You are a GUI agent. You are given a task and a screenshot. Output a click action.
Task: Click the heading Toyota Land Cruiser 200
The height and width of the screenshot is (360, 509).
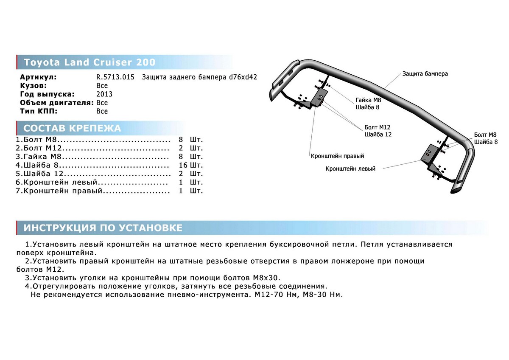coord(89,62)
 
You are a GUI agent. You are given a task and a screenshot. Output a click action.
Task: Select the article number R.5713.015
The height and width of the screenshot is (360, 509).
coord(115,77)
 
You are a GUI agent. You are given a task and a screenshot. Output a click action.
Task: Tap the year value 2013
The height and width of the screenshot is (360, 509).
coord(104,94)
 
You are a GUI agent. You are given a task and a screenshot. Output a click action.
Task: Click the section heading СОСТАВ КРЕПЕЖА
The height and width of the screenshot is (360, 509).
coord(72,128)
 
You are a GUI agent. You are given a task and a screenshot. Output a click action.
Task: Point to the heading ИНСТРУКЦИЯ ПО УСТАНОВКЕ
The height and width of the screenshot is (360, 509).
coord(103,228)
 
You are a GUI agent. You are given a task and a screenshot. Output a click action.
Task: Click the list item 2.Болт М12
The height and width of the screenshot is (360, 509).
coord(39,148)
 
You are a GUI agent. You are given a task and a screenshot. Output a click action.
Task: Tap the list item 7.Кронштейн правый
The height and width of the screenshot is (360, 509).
coord(60,191)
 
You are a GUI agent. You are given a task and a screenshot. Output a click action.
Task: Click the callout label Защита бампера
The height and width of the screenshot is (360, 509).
coord(425,74)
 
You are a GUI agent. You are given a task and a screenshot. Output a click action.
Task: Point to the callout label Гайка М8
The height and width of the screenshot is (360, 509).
coord(368,100)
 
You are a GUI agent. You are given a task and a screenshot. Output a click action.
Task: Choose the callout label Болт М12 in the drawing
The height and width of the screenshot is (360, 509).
coord(378,127)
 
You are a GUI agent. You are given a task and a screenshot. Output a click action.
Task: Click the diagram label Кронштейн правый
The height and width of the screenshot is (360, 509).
coord(337,156)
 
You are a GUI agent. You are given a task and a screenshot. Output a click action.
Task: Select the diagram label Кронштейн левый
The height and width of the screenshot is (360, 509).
coord(350,169)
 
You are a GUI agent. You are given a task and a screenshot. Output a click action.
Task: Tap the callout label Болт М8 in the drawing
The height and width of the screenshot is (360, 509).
coord(485,135)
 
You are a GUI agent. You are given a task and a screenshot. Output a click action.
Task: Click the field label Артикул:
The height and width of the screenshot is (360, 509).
coord(38,77)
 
